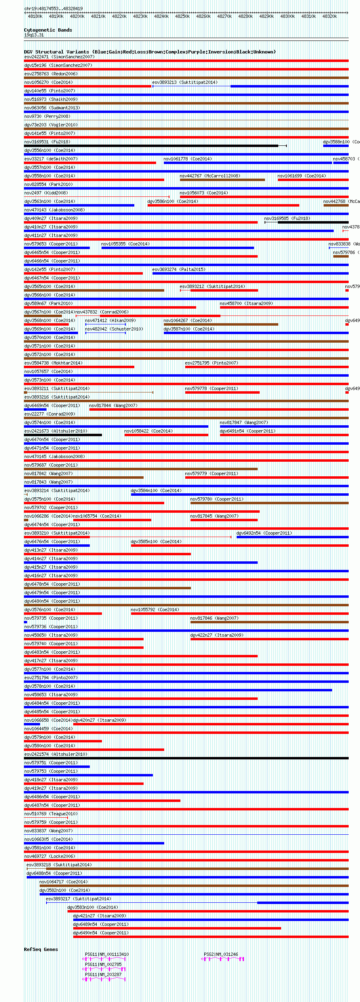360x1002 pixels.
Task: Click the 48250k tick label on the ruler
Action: click(182, 16)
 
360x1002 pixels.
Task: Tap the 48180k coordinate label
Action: click(35, 16)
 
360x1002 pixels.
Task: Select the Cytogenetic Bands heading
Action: click(48, 30)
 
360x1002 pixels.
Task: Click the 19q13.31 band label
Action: click(34, 35)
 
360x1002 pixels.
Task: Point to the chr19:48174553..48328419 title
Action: click(53, 9)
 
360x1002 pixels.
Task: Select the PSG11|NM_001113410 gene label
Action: click(107, 954)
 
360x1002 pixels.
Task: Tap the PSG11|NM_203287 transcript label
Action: click(103, 974)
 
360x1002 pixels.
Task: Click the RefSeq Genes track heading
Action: click(41, 949)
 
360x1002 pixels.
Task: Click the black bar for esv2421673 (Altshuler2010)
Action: click(63, 435)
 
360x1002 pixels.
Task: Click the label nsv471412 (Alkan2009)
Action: click(110, 320)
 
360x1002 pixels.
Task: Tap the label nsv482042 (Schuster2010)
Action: click(114, 329)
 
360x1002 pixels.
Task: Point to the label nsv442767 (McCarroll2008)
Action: click(210, 176)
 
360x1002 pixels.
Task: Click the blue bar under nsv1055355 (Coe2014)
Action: click(178, 248)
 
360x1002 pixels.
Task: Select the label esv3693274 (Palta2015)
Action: click(179, 269)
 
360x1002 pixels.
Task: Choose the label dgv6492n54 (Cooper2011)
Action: click(264, 533)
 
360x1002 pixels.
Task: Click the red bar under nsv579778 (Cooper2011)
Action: click(222, 392)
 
